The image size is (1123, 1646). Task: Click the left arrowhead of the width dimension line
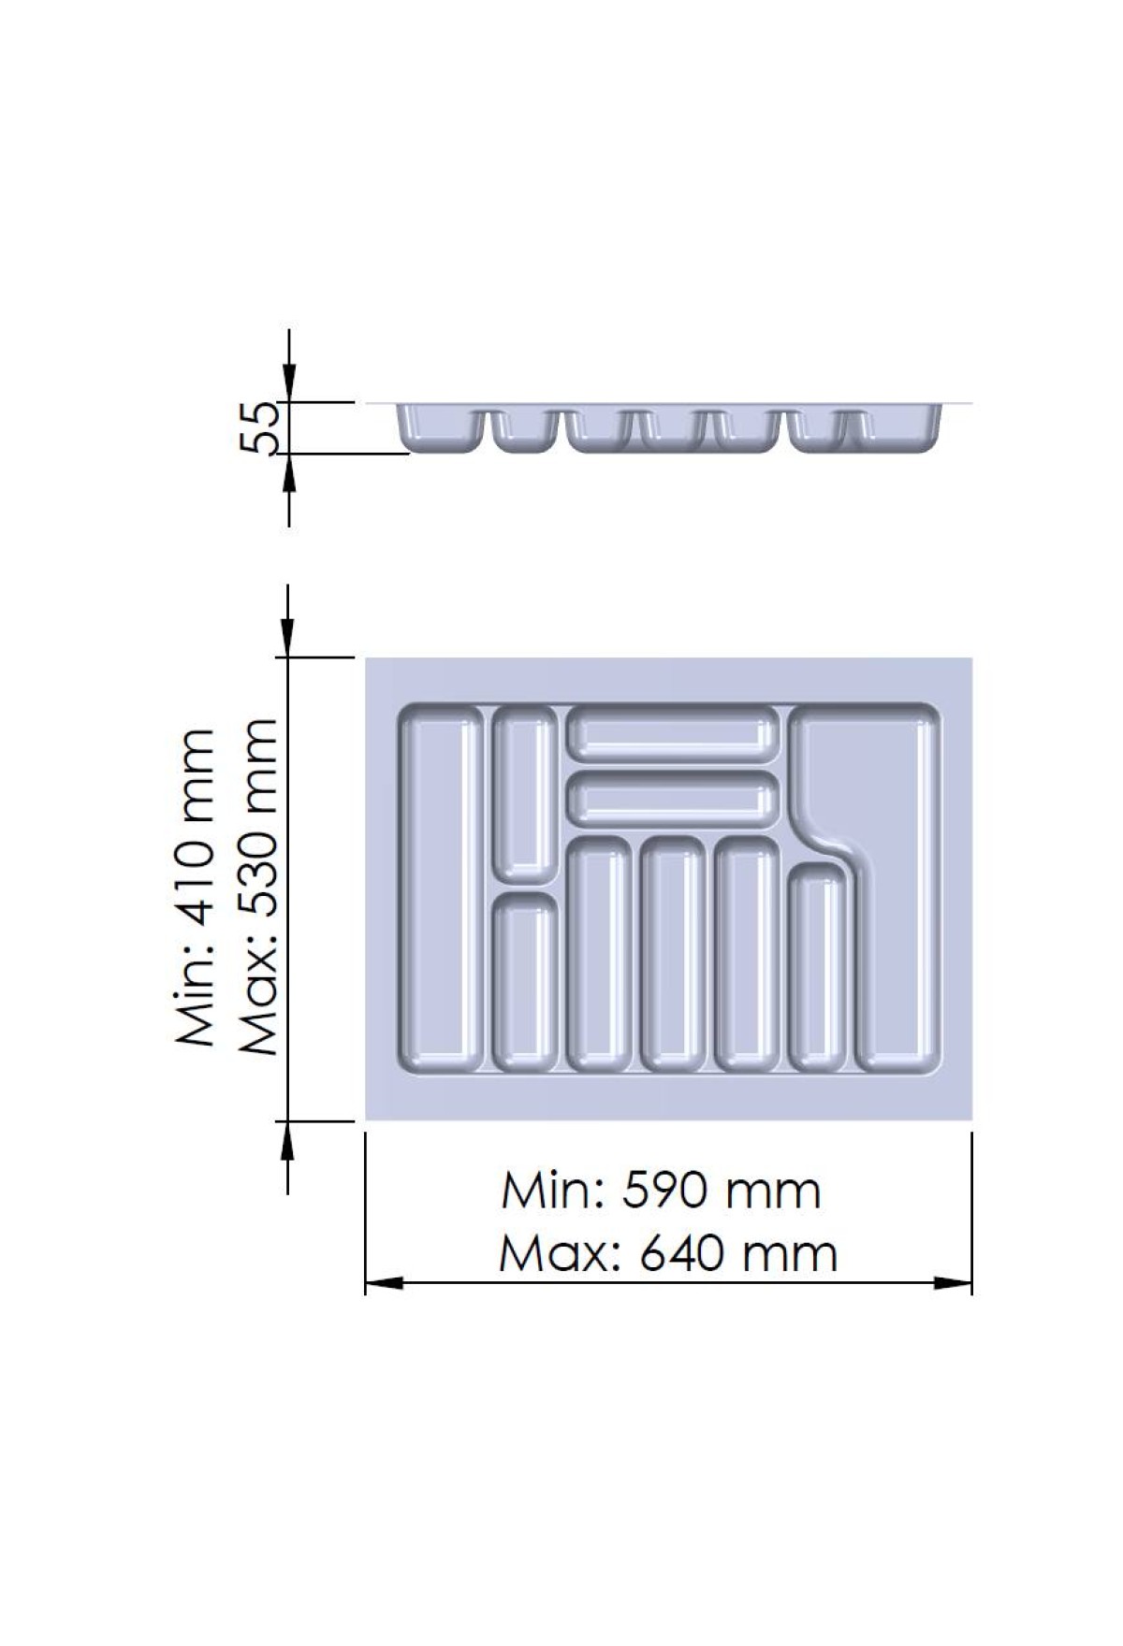(384, 1284)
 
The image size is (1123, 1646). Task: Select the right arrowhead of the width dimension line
(954, 1284)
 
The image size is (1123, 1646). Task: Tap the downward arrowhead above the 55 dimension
(290, 383)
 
